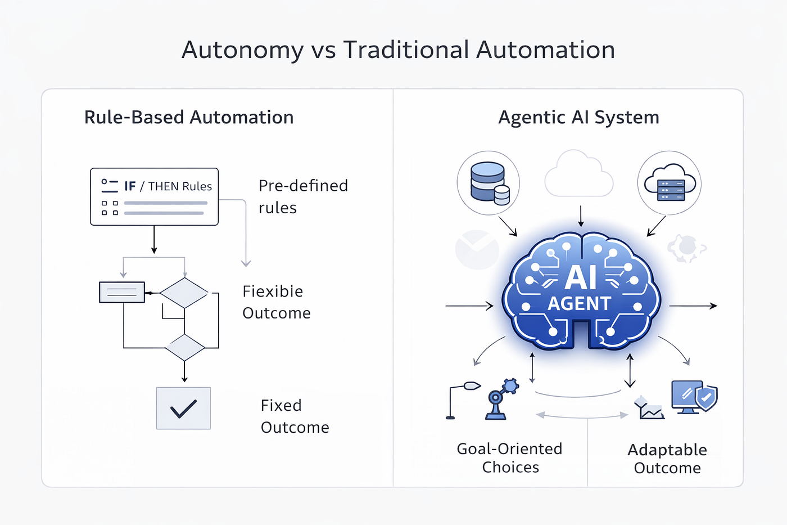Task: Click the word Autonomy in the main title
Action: point(242,50)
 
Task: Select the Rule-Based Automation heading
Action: point(189,117)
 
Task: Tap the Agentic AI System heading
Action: point(578,118)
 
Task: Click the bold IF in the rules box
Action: point(130,186)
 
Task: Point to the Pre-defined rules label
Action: point(303,196)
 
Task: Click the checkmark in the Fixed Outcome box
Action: point(183,409)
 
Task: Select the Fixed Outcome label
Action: point(295,416)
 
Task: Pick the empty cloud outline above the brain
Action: point(578,173)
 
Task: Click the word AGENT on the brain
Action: point(580,303)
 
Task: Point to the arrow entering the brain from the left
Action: point(469,306)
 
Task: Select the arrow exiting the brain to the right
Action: point(693,306)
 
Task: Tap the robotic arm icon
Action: point(501,399)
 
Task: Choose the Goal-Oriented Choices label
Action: point(510,458)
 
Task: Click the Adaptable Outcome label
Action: point(667,459)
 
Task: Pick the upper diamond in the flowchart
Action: point(184,293)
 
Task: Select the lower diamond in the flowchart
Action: point(185,347)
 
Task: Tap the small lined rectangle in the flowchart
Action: point(122,292)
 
